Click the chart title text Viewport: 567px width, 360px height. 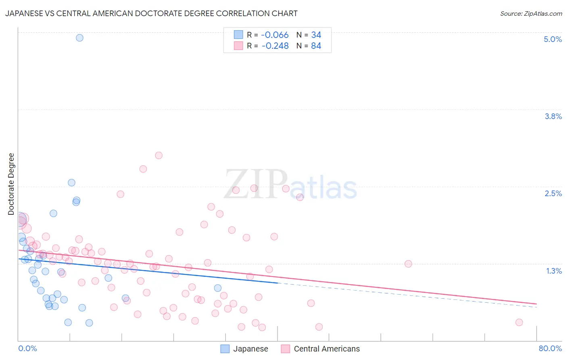(151, 13)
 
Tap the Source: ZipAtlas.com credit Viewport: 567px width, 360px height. (531, 13)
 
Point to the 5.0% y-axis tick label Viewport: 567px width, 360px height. (552, 39)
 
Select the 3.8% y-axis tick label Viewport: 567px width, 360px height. (553, 116)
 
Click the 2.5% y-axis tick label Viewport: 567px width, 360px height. (553, 193)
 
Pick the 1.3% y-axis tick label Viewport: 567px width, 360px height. (554, 271)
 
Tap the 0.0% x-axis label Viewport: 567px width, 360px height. (27, 348)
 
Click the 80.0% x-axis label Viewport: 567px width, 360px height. (550, 348)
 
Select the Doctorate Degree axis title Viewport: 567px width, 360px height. (11, 184)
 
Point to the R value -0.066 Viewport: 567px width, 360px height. (275, 35)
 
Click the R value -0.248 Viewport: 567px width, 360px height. (275, 46)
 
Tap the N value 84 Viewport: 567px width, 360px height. (316, 46)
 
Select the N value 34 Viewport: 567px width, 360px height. (316, 35)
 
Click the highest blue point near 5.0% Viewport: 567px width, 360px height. (80, 38)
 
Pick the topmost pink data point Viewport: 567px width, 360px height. (158, 155)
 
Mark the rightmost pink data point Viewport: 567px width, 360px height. (519, 322)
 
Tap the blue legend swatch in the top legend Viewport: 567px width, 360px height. (238, 35)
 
